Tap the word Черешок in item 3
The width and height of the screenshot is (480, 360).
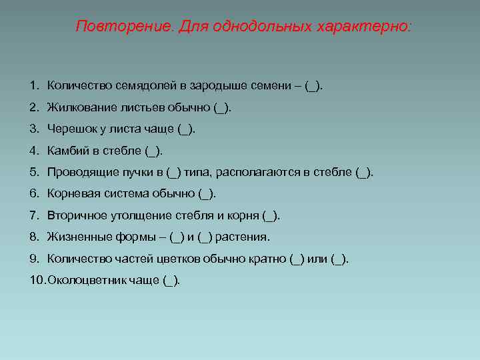69,129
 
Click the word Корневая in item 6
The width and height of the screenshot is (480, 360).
71,193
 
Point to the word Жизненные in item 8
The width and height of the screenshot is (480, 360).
73,237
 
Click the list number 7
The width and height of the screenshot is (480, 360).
33,215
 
